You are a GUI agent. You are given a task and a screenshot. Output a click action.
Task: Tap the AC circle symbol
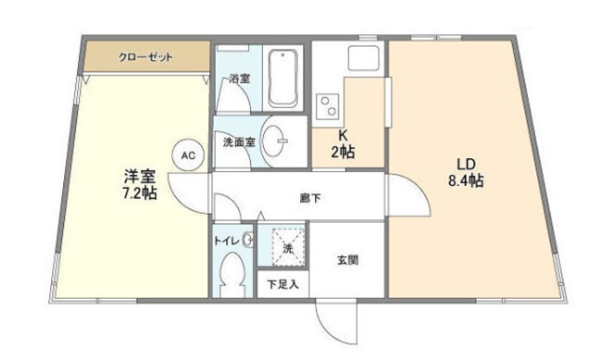(x=188, y=155)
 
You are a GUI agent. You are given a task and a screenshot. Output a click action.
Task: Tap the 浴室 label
(x=239, y=79)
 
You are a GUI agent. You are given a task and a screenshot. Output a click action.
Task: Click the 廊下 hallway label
(x=311, y=197)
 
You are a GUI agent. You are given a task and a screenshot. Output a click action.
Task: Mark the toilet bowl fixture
(x=232, y=275)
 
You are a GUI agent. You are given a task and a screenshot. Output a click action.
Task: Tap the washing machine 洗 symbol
(x=287, y=248)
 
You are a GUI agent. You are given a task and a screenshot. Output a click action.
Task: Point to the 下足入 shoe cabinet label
(x=283, y=285)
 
